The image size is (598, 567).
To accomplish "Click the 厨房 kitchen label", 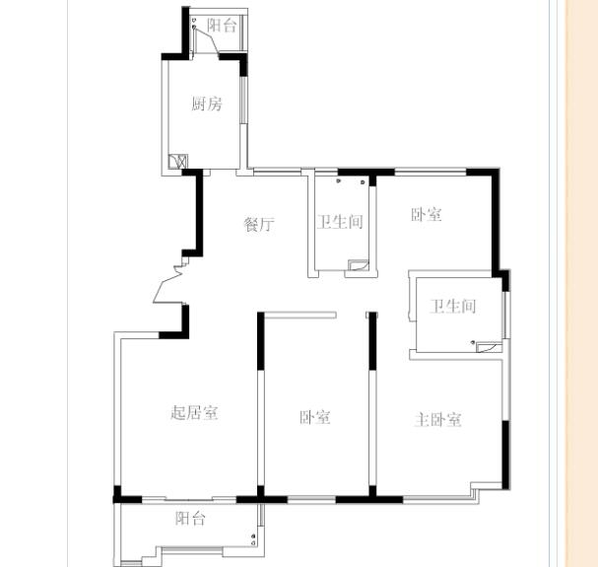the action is [x=206, y=104].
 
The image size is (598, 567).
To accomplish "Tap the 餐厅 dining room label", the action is [x=259, y=224].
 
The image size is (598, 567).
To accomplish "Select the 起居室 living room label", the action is [x=194, y=413].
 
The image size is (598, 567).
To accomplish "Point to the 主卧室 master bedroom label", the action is [x=437, y=420].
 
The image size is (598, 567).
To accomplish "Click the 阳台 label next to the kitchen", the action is [x=222, y=26].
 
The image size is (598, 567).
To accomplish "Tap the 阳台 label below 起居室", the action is [x=191, y=518].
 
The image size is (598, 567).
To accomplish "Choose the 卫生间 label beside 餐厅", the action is [x=340, y=222].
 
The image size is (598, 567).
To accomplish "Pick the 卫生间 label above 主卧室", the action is [x=453, y=307].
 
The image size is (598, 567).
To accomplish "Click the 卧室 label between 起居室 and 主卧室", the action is [x=314, y=417].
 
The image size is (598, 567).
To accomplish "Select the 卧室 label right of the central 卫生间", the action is [x=427, y=215].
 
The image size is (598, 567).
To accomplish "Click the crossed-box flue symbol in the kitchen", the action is [x=178, y=162].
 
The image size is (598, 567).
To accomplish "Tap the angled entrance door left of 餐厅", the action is [x=167, y=284].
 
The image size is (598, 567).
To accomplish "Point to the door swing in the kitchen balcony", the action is [x=206, y=41].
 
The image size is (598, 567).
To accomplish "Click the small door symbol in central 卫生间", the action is [x=359, y=265].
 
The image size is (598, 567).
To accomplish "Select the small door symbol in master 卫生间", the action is [x=490, y=346].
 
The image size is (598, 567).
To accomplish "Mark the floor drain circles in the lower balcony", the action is [x=253, y=539].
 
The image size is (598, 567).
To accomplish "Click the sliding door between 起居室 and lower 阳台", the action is [x=189, y=499].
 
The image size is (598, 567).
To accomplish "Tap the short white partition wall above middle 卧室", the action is [x=300, y=315].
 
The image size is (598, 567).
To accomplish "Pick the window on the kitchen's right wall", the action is [x=243, y=100].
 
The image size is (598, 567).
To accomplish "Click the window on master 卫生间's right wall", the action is [x=505, y=315].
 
